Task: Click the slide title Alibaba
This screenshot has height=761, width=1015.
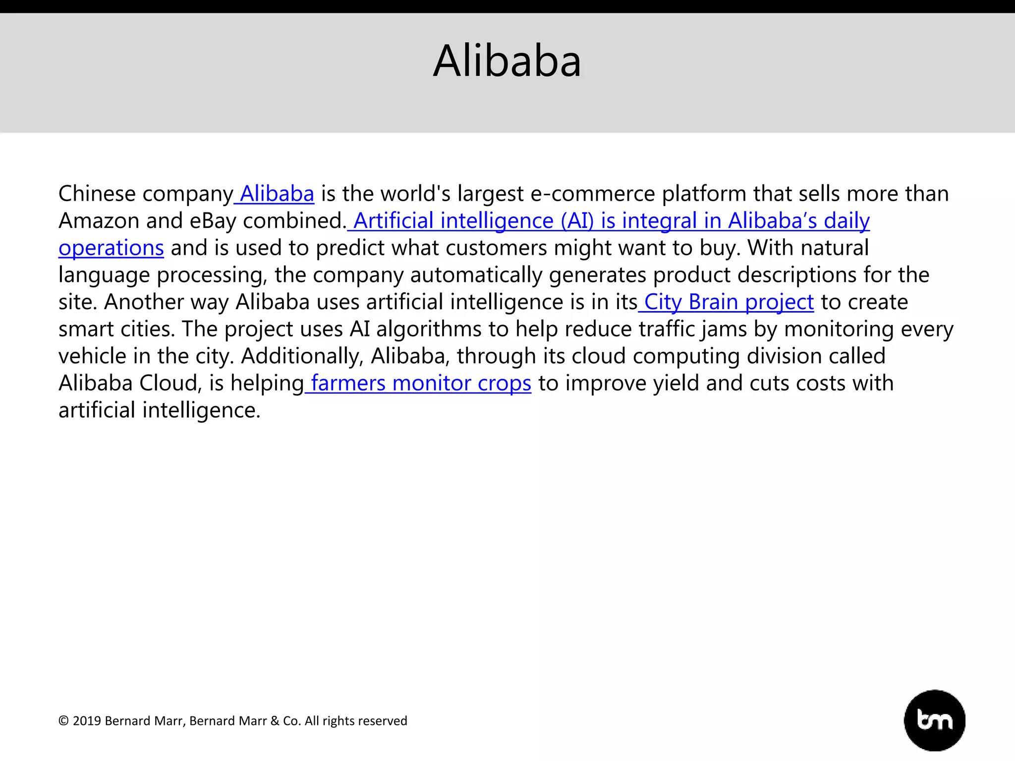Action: click(507, 61)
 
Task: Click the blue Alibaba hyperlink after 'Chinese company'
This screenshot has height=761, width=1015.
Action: click(277, 194)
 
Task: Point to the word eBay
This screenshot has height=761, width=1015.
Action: click(213, 221)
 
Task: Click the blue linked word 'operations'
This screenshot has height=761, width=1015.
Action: click(111, 248)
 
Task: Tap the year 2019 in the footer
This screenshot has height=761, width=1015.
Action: click(87, 721)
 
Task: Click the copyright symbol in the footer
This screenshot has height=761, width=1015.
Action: click(63, 721)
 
